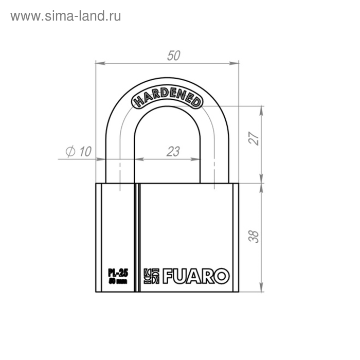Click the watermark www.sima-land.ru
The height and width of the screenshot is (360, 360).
pos(65,16)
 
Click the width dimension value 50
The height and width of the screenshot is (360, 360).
pos(174,56)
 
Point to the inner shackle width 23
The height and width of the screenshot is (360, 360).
pos(173,151)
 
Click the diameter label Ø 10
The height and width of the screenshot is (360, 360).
pos(79,151)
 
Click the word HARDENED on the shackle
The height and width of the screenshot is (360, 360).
pos(167,99)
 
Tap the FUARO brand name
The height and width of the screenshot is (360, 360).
pos(195,276)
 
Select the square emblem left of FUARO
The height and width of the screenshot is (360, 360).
pos(152,276)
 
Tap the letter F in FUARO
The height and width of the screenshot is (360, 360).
pos(169,276)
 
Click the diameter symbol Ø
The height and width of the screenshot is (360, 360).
pos(70,151)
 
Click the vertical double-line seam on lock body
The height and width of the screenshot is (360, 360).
pos(137,237)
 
